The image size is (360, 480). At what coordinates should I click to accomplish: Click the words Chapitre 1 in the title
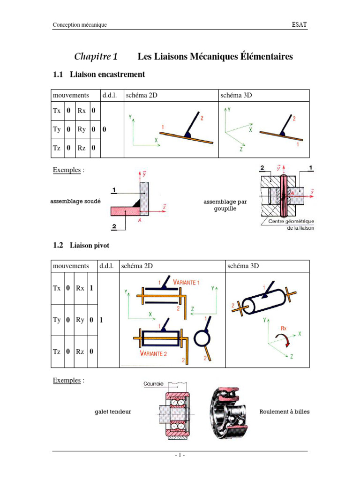point(96,57)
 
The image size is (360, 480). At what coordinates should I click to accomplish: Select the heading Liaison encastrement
point(107,74)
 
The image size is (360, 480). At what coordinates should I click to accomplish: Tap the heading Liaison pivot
point(90,245)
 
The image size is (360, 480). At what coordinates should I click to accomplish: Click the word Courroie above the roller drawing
point(154,384)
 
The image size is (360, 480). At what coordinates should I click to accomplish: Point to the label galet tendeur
point(113,412)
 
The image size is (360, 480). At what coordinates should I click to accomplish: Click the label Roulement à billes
point(285,412)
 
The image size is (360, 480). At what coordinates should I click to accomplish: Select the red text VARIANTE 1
point(187,283)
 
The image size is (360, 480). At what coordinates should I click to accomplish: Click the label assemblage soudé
point(75,201)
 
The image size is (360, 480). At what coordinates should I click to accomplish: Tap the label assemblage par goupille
point(225,205)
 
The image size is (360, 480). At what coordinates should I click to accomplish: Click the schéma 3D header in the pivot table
point(243,266)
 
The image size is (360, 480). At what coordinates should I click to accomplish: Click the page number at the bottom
point(180,455)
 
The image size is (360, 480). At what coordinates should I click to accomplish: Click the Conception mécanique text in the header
point(80,25)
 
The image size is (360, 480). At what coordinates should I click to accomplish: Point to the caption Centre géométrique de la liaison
point(291,224)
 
